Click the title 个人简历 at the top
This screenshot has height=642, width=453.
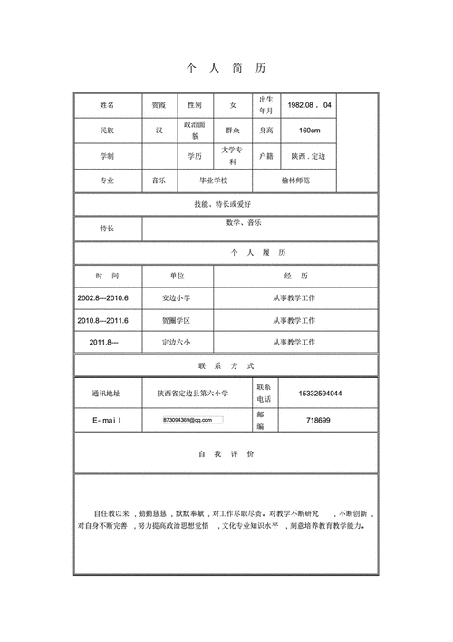click(226, 69)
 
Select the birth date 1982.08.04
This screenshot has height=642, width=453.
click(309, 105)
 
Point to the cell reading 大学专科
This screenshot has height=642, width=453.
click(233, 155)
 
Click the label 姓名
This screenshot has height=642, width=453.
click(108, 105)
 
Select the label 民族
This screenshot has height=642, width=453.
click(108, 131)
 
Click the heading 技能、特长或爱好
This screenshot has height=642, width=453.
click(226, 205)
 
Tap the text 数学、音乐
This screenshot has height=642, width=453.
click(245, 222)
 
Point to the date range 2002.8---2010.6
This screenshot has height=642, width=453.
click(103, 297)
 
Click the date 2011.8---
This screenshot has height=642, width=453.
click(103, 343)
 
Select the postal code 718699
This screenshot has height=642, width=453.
click(318, 420)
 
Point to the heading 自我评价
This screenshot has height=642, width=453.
click(226, 452)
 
